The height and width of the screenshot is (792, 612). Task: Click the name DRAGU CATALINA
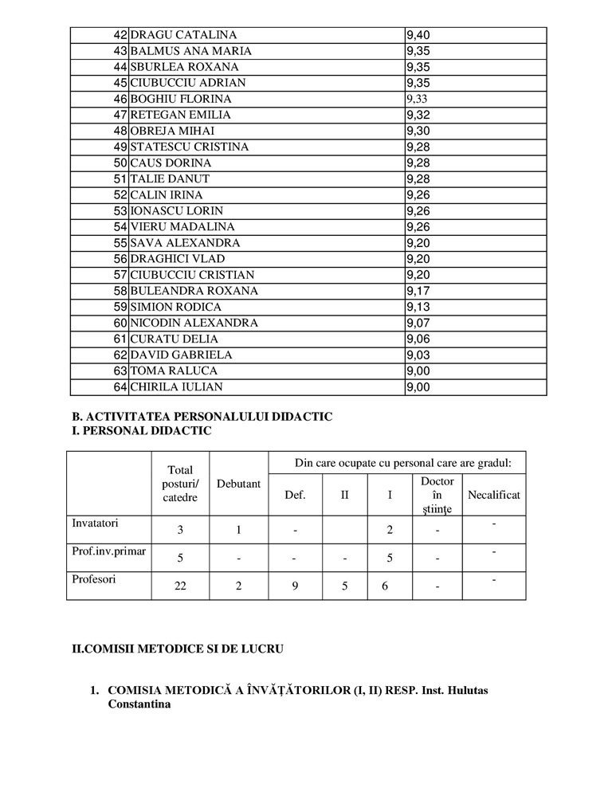pos(182,35)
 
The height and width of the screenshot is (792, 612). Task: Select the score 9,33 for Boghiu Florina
pos(418,99)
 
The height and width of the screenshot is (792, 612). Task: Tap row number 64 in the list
pos(120,387)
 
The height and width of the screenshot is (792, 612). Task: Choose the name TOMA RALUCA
pos(173,371)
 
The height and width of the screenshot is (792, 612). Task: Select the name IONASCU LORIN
pos(176,211)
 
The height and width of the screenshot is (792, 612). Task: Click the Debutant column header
pos(238,484)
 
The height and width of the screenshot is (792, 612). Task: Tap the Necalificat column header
pos(494,495)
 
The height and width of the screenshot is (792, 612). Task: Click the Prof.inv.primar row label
pos(108,552)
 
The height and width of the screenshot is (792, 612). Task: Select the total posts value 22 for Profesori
pos(182,586)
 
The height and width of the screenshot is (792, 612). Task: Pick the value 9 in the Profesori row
pos(295,586)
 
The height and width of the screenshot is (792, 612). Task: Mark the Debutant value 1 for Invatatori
pos(238,530)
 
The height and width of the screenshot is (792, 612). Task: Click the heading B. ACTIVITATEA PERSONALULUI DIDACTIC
pos(202,417)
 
